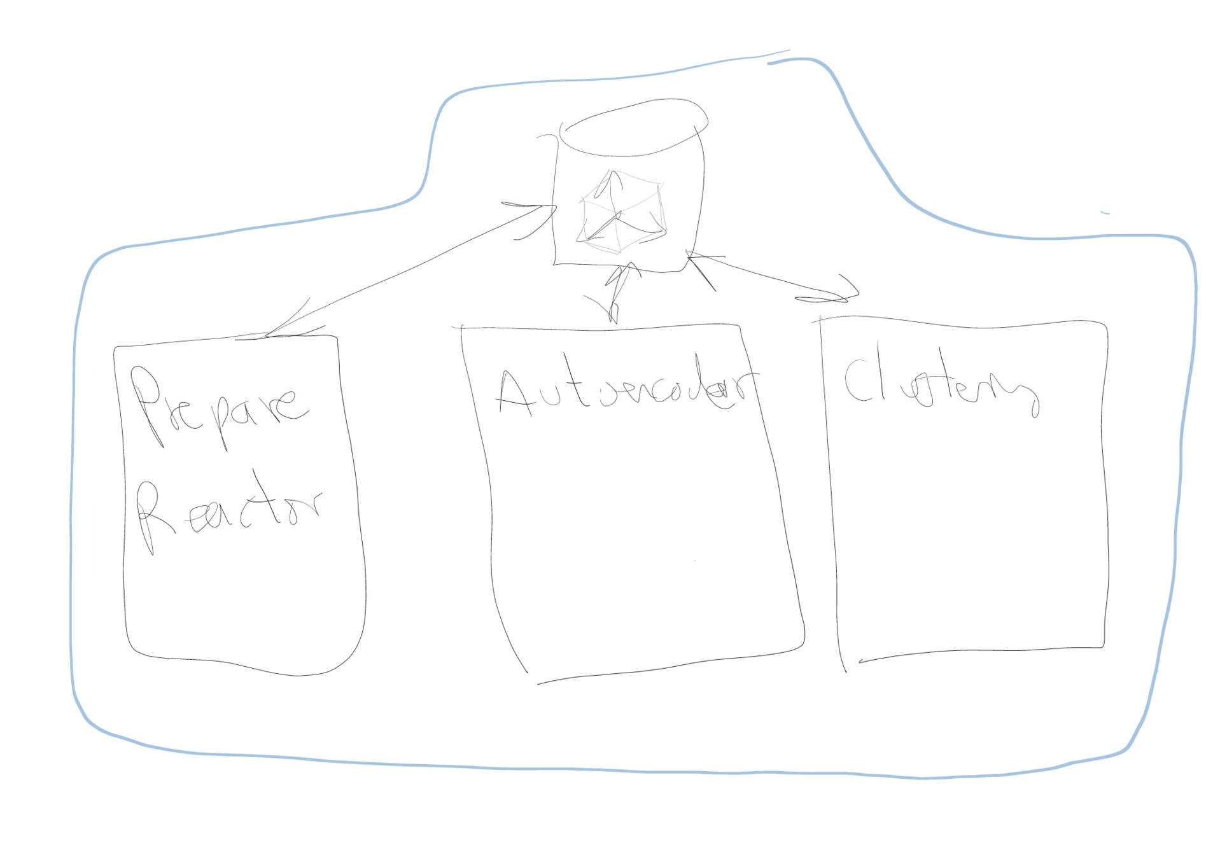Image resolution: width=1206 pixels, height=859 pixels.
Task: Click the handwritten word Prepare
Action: (220, 407)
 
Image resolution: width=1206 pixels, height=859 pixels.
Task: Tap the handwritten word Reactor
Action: (229, 512)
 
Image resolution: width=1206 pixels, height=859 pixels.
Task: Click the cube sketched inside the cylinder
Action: (621, 213)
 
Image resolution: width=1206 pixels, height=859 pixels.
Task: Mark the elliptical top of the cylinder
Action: (633, 127)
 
